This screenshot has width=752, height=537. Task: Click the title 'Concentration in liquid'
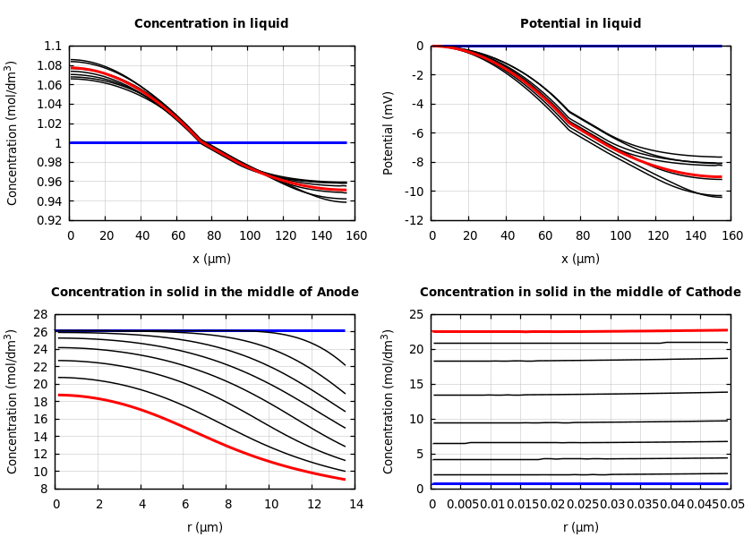211,24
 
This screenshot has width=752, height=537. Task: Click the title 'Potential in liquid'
580,24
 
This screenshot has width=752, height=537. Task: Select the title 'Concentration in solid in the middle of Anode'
204,293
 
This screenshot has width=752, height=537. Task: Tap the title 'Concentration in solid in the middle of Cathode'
580,293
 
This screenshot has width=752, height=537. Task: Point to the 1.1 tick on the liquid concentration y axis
53,47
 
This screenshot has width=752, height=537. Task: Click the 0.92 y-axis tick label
50,220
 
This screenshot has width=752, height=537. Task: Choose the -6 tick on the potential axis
417,133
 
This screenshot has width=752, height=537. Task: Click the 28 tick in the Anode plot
38,315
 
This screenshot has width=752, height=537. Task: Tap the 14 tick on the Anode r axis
355,505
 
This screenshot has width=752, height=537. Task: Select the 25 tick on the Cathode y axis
415,315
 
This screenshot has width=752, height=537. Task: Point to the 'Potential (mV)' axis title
389,132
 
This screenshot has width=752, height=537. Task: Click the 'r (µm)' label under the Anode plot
205,527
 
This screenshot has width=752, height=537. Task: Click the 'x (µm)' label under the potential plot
580,259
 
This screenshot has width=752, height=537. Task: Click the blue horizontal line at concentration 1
269,142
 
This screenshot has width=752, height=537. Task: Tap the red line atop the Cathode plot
582,331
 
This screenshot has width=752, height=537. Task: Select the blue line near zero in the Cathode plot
582,484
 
